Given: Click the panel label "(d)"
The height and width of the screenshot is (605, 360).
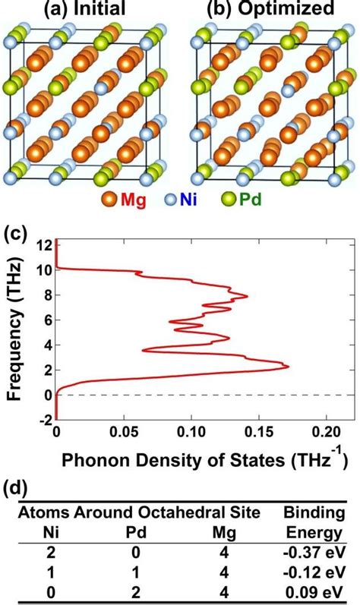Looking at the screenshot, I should (x=17, y=488).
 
